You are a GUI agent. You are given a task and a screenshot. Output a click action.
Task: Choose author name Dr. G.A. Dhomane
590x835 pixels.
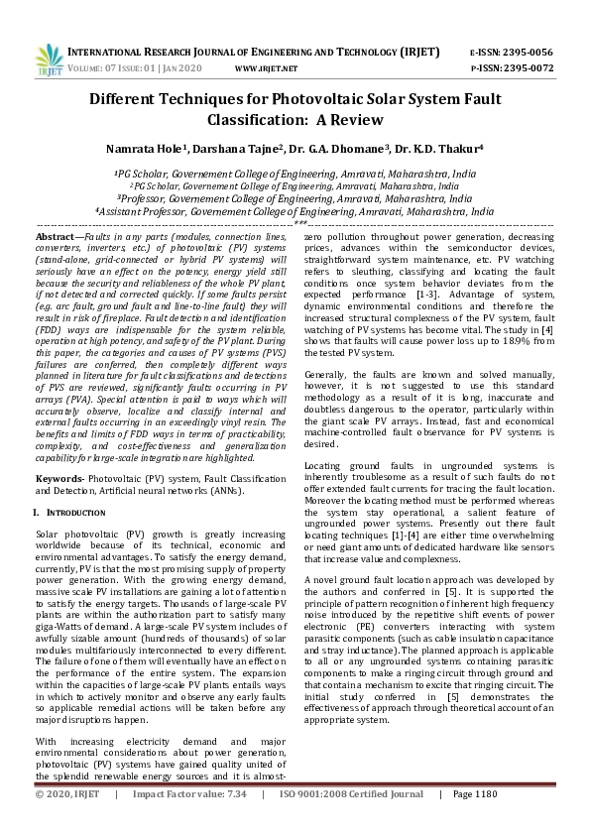[x=340, y=148]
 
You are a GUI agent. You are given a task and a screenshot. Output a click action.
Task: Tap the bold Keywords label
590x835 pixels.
[x=59, y=478]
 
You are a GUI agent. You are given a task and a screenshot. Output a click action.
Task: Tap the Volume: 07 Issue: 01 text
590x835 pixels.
[x=123, y=68]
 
